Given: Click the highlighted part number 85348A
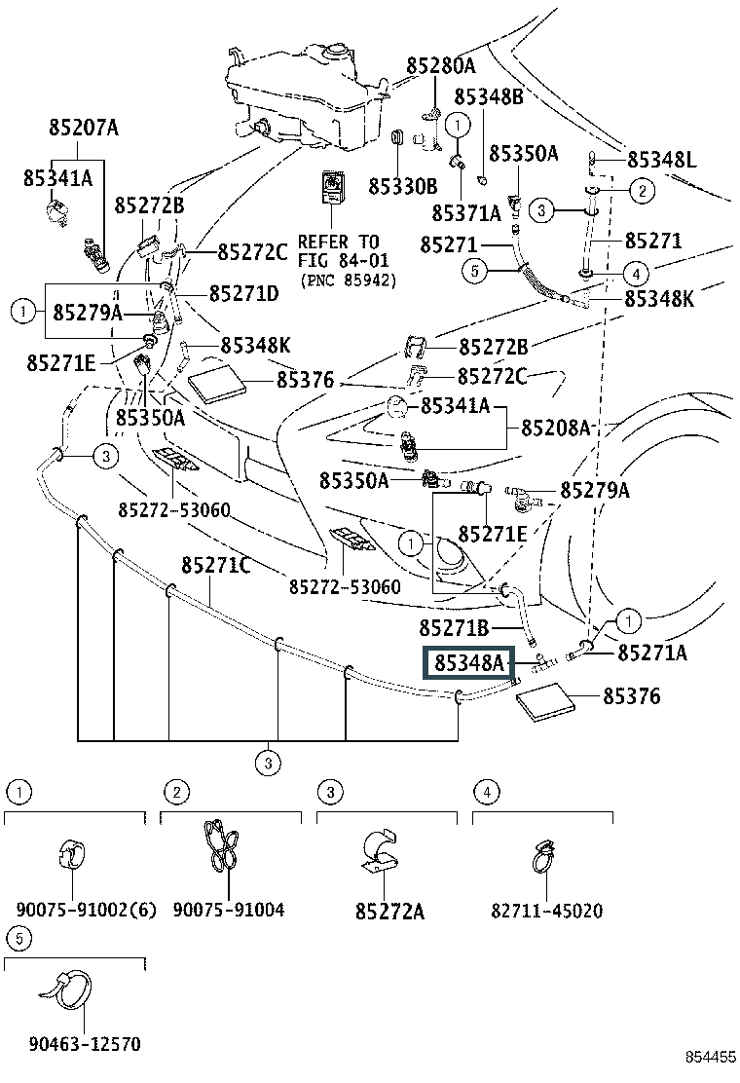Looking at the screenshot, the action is pos(469,663).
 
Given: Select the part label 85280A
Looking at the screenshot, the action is pos(440,65).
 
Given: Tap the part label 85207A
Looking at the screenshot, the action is pos(84,127).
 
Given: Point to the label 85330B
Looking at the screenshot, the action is pos(402,186).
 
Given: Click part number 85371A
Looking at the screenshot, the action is pos(466,213).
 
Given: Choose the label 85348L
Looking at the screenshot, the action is pos(661,160).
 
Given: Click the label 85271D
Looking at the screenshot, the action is pos(244,293).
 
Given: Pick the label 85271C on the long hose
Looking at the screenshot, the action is pos(215,566).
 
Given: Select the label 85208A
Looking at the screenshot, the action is pos(556,428).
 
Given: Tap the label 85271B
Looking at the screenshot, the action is pos(454,628).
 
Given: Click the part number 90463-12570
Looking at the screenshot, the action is pos(85,1044).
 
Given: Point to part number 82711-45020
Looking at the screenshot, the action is pos(546,911).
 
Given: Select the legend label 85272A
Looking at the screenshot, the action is pos(390,912).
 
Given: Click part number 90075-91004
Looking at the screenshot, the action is pos(229,910).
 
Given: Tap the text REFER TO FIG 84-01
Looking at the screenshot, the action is pos(343,250).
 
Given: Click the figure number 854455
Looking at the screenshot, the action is pos(711,1058).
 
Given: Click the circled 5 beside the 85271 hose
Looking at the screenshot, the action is pos(474,272).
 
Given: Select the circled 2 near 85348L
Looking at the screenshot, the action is pos(642,190).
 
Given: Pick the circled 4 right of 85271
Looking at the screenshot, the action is pos(636,275).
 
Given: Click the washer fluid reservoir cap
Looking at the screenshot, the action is pos(337,51).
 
